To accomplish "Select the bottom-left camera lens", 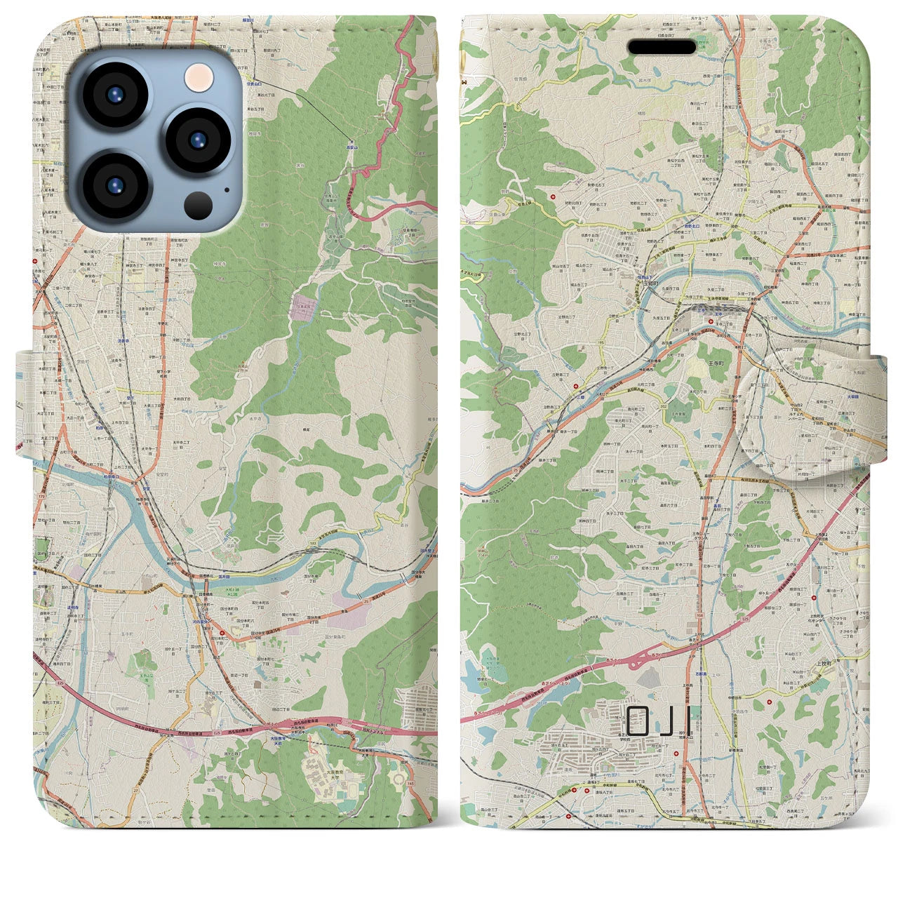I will click(x=115, y=186).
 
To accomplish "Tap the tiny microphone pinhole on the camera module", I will click(x=226, y=189).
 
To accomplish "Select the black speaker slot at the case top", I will click(x=661, y=47).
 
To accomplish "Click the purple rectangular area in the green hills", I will click(x=304, y=307).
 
